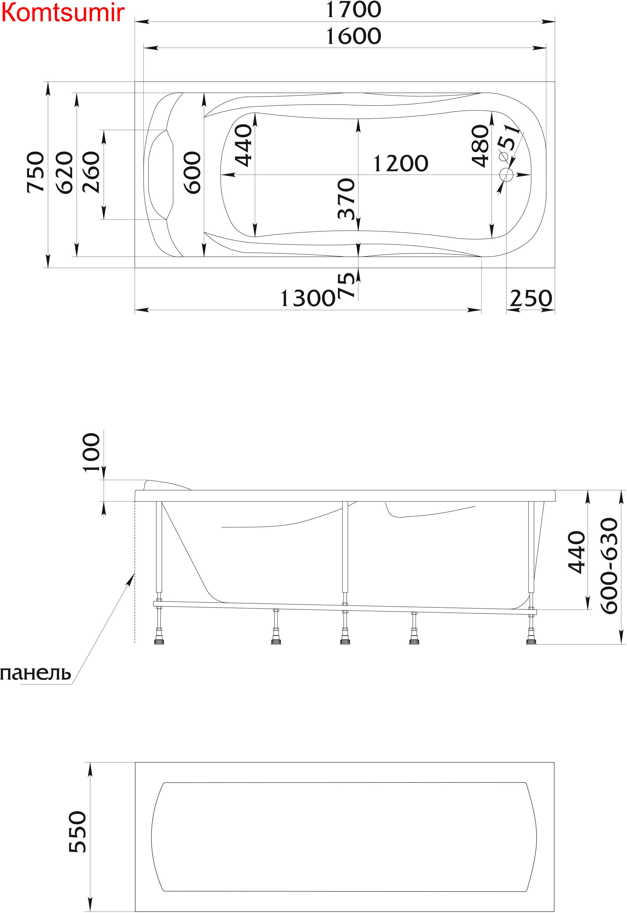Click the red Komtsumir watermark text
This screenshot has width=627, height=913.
tap(63, 13)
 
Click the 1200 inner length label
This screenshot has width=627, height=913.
tap(400, 163)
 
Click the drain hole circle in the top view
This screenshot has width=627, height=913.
tap(506, 175)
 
